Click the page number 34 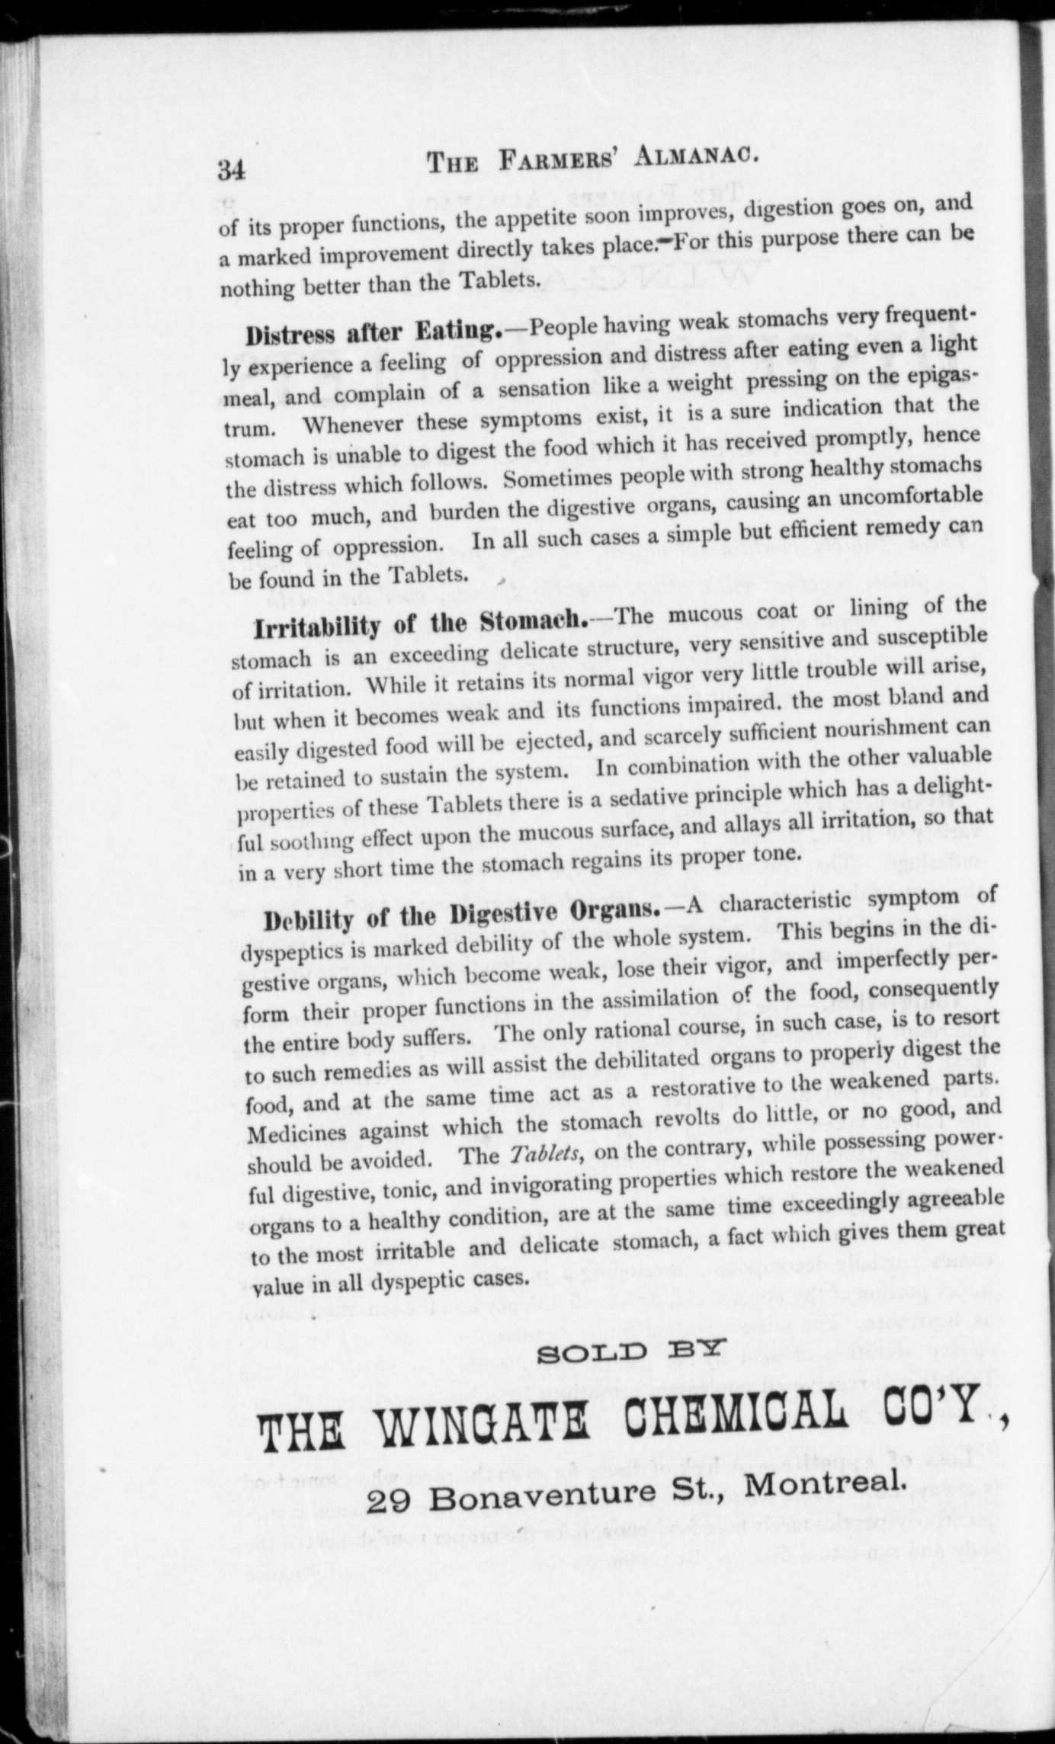(x=231, y=169)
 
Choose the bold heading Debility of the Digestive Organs (x=460, y=914)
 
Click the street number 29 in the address (x=389, y=1500)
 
